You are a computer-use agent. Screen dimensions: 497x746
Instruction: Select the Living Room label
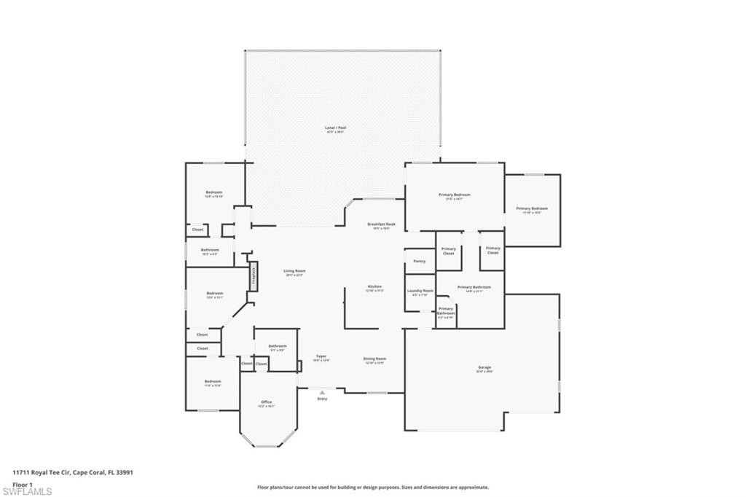click(294, 272)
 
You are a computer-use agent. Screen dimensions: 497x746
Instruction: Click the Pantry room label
click(419, 261)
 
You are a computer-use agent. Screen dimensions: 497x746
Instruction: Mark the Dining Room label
click(374, 359)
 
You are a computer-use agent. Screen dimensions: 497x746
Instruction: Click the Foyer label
click(321, 357)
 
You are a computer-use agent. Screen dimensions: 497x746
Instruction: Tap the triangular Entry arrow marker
click(322, 393)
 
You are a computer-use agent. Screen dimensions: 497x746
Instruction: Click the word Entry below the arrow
click(322, 399)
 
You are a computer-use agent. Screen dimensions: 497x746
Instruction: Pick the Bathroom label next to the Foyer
click(277, 347)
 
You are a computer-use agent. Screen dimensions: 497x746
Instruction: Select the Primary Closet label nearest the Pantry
click(449, 251)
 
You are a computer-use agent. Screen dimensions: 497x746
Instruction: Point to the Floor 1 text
click(22, 484)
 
